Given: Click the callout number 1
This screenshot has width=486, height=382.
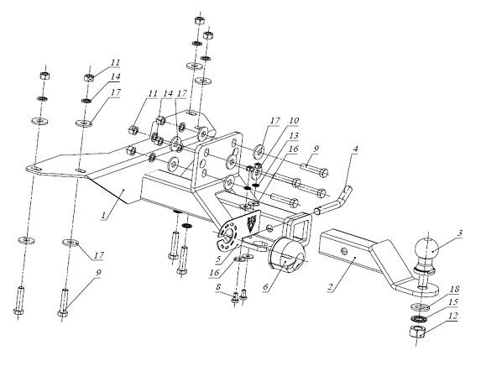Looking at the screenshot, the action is click(103, 215).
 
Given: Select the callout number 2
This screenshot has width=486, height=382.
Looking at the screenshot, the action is click(332, 287).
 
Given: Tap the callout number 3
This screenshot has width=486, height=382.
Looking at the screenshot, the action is click(460, 233).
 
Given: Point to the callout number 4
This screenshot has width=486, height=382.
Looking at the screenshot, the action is click(355, 149).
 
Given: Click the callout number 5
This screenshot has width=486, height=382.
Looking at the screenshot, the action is click(219, 259).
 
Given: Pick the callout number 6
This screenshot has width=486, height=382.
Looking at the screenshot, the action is click(265, 287).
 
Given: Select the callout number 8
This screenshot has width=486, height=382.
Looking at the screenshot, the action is click(218, 287).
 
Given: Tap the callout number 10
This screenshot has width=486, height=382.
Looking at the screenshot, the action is click(294, 120).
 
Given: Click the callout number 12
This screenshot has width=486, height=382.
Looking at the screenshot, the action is click(452, 316).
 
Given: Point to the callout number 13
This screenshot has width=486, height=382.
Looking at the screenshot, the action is click(294, 135).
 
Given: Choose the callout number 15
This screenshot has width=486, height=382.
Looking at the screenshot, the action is click(452, 301).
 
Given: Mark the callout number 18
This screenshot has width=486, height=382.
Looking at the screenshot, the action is click(454, 289).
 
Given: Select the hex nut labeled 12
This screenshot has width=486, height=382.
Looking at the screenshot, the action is click(417, 332).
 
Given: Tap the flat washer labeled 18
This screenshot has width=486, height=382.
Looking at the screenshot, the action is click(420, 307).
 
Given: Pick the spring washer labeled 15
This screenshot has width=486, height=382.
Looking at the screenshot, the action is click(419, 318).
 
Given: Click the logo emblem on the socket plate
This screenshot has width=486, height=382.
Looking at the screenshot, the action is click(251, 222).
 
